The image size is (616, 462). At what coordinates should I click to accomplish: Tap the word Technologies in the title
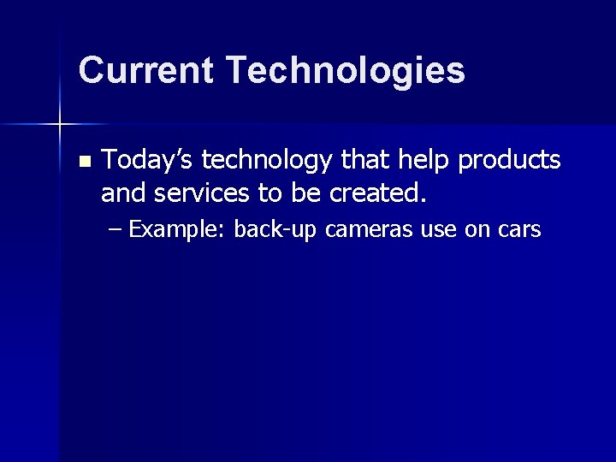[346, 72]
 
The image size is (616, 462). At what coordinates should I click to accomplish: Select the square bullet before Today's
[83, 162]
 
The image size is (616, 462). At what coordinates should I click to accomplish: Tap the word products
[510, 161]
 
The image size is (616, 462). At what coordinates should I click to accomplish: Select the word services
[206, 193]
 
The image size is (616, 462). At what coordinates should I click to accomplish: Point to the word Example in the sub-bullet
[177, 229]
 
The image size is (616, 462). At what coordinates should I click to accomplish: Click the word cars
[518, 229]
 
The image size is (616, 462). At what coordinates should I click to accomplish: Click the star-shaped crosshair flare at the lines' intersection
[60, 125]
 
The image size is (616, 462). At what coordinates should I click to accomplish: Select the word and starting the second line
[123, 193]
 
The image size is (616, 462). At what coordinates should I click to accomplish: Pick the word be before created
[305, 193]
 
